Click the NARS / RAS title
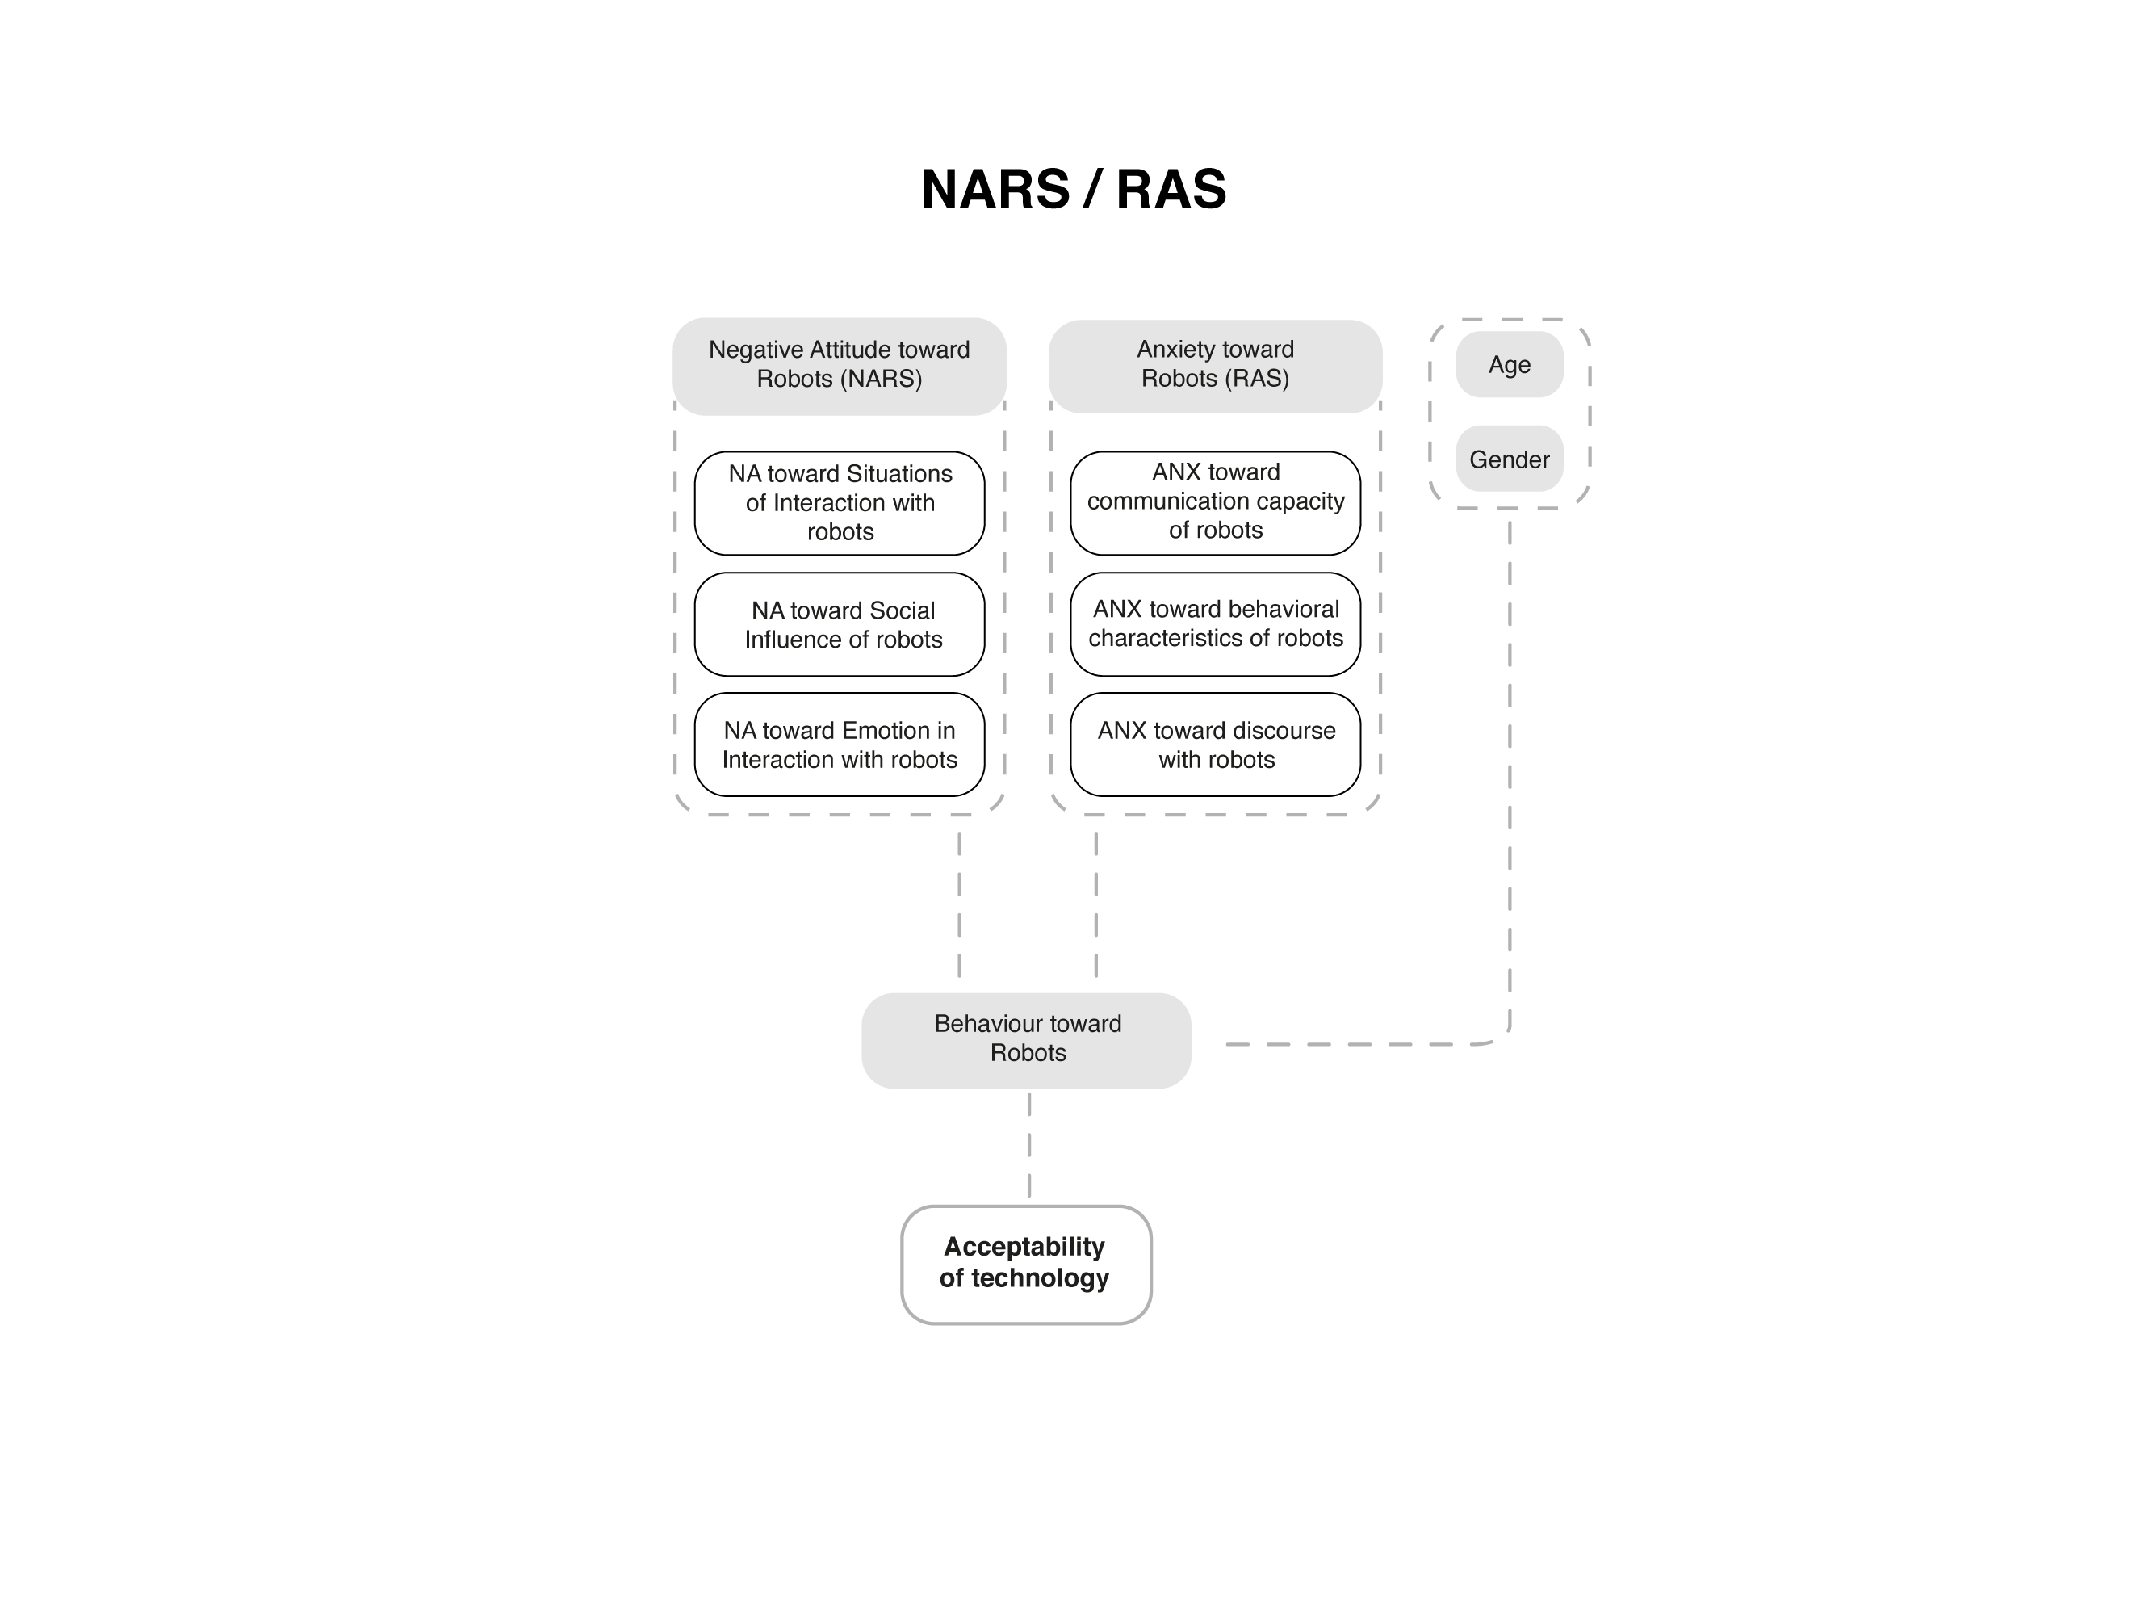[x=1074, y=189]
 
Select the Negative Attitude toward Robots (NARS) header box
[x=839, y=366]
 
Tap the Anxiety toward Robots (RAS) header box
[x=1215, y=366]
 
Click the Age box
[x=1509, y=364]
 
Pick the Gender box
[x=1509, y=459]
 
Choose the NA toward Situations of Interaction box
[x=839, y=503]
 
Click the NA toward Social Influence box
[x=839, y=624]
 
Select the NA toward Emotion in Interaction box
[x=839, y=745]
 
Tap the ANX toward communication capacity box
[x=1215, y=503]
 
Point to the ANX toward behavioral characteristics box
[x=1215, y=624]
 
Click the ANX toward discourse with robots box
[x=1215, y=745]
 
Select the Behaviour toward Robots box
[x=1026, y=1040]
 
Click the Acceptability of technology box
[x=1026, y=1265]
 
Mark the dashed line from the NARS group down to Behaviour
[x=960, y=904]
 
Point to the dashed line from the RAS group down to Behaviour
[x=1096, y=904]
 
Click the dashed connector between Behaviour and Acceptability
[x=1028, y=1145]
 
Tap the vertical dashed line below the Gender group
[x=1510, y=769]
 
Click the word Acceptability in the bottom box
[x=1024, y=1247]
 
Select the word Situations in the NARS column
[x=899, y=474]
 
